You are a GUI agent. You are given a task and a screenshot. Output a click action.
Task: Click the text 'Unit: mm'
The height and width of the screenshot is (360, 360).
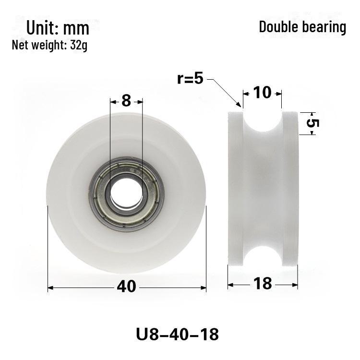(58, 28)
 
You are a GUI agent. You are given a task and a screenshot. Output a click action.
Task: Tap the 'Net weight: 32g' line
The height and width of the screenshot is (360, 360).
(49, 46)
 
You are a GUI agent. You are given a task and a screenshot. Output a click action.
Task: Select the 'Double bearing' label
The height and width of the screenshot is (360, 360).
(302, 27)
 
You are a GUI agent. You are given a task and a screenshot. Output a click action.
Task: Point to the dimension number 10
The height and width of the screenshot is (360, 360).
(262, 92)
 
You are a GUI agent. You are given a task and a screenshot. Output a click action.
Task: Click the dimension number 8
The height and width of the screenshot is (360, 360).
(126, 101)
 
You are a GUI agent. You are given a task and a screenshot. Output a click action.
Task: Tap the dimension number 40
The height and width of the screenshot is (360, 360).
(127, 287)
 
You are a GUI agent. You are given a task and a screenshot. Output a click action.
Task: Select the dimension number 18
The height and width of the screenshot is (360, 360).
(263, 284)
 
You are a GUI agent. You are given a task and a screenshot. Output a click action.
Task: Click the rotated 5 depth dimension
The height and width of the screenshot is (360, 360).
(312, 123)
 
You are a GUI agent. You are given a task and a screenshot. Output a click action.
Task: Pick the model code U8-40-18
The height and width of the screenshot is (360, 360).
(178, 333)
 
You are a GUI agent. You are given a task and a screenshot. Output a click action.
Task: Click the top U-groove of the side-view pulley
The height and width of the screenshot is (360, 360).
(263, 120)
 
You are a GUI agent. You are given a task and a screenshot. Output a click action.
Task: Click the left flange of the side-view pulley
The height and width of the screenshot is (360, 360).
(235, 192)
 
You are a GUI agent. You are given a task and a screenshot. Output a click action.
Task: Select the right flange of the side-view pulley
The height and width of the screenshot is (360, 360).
(291, 192)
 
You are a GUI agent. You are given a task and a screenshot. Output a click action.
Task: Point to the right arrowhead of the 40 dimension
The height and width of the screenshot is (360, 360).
(204, 288)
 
